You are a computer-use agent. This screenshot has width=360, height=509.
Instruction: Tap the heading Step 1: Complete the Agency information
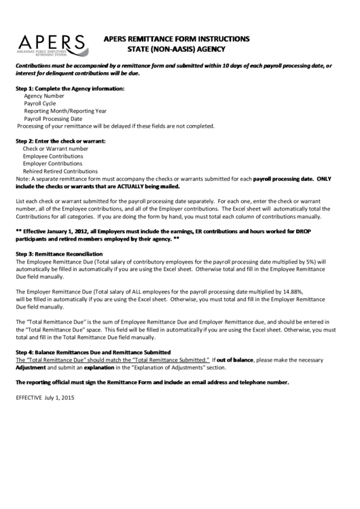click(x=70, y=89)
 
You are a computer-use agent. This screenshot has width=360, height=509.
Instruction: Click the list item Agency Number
click(x=45, y=96)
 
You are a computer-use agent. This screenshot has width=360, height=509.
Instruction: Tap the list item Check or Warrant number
click(x=56, y=148)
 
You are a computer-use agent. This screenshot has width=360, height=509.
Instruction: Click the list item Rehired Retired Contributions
click(x=60, y=171)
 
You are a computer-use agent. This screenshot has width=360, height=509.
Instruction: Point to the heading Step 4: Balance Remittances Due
click(x=93, y=351)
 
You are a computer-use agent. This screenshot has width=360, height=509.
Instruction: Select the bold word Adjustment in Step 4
click(x=31, y=367)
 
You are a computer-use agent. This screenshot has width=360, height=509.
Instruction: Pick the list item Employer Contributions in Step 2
click(x=52, y=164)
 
